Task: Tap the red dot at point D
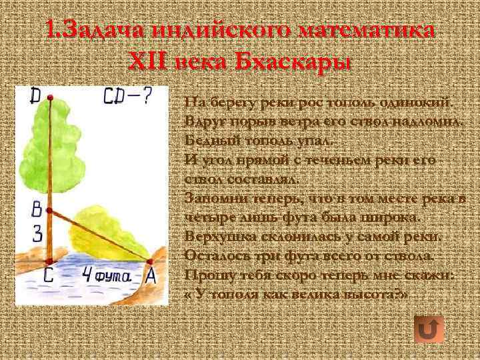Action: (x=50, y=99)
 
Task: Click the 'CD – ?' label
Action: (x=128, y=98)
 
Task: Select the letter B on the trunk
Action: (x=37, y=211)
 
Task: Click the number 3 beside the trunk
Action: (x=37, y=233)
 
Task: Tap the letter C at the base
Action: (x=49, y=275)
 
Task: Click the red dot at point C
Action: (x=49, y=261)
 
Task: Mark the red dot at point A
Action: (x=149, y=261)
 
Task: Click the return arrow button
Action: (x=429, y=329)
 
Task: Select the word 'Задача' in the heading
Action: (x=99, y=31)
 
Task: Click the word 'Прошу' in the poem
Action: (x=203, y=275)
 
